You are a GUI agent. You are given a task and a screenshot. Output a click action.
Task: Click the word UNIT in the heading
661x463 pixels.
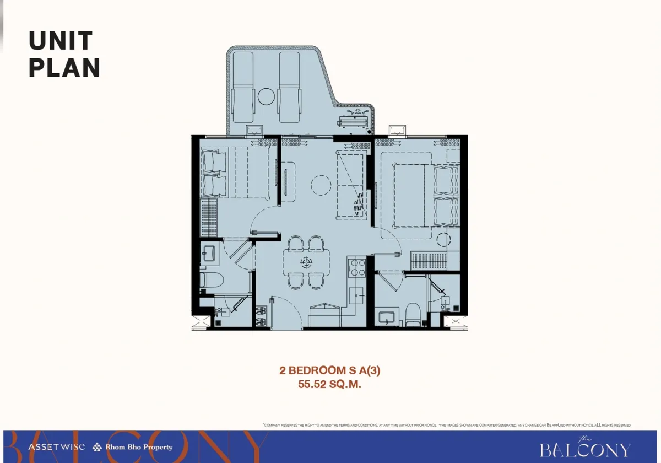[61, 41]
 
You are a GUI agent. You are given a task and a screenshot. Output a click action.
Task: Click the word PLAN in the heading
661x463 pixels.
[64, 67]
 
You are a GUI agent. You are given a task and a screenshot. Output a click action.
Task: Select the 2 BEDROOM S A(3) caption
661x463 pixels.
[330, 371]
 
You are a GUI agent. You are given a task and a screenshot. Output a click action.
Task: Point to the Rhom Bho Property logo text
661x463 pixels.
[138, 447]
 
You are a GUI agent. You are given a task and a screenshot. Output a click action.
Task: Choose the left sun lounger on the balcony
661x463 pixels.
[243, 88]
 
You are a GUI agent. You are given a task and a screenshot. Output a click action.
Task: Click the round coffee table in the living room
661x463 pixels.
[319, 184]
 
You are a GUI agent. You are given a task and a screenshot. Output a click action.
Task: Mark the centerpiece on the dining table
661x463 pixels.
[306, 262]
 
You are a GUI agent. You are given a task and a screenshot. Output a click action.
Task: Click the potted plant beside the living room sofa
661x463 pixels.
[359, 203]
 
